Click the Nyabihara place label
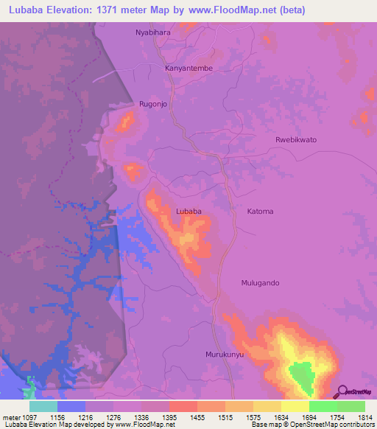152,33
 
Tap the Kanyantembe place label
188,68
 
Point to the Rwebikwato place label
295,139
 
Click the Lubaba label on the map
188,212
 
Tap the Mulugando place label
261,283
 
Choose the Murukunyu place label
225,355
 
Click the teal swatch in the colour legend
43,406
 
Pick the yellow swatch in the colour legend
295,406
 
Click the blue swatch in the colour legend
71,406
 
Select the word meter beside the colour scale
13,416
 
